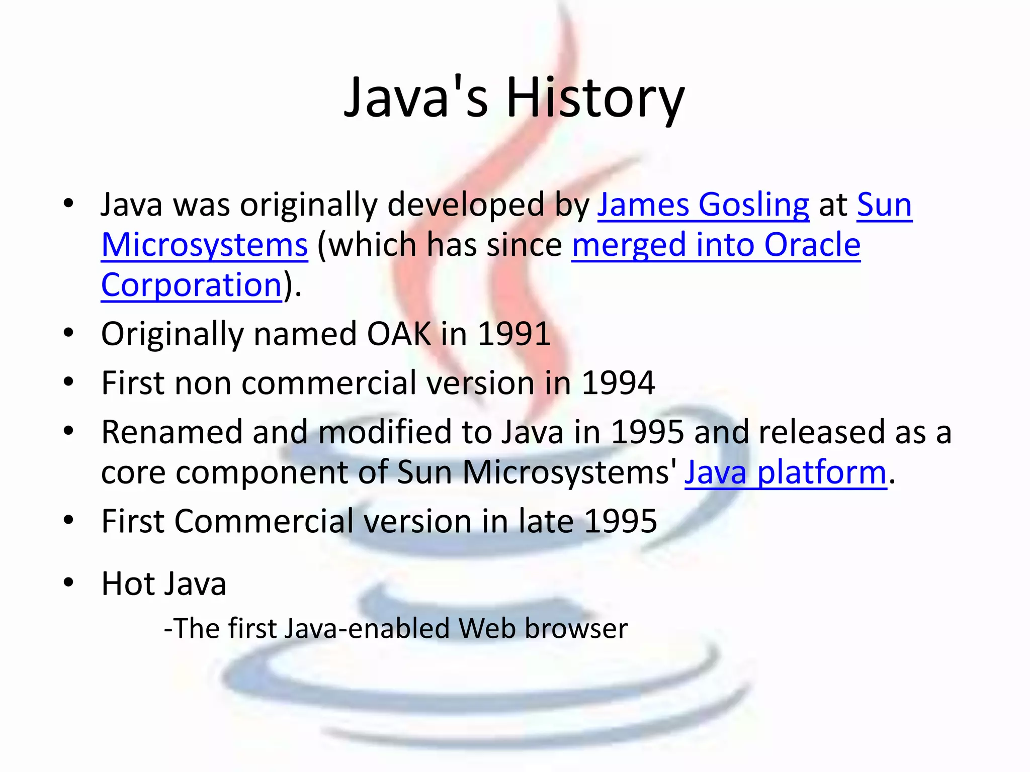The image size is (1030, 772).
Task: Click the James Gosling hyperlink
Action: click(703, 205)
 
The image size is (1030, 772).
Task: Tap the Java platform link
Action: click(785, 472)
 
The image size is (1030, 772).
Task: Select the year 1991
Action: click(513, 334)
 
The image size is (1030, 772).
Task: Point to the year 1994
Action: click(618, 383)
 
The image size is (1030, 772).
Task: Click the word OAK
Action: click(399, 334)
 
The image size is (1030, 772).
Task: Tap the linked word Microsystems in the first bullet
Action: click(204, 245)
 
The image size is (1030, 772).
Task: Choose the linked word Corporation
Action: click(191, 285)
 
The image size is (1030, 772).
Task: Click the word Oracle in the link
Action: click(812, 245)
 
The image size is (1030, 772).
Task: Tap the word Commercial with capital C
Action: click(264, 521)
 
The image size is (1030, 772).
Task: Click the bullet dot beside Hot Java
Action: click(69, 583)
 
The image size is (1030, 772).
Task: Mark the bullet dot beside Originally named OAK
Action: click(69, 333)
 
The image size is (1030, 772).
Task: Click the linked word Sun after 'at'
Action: click(884, 205)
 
